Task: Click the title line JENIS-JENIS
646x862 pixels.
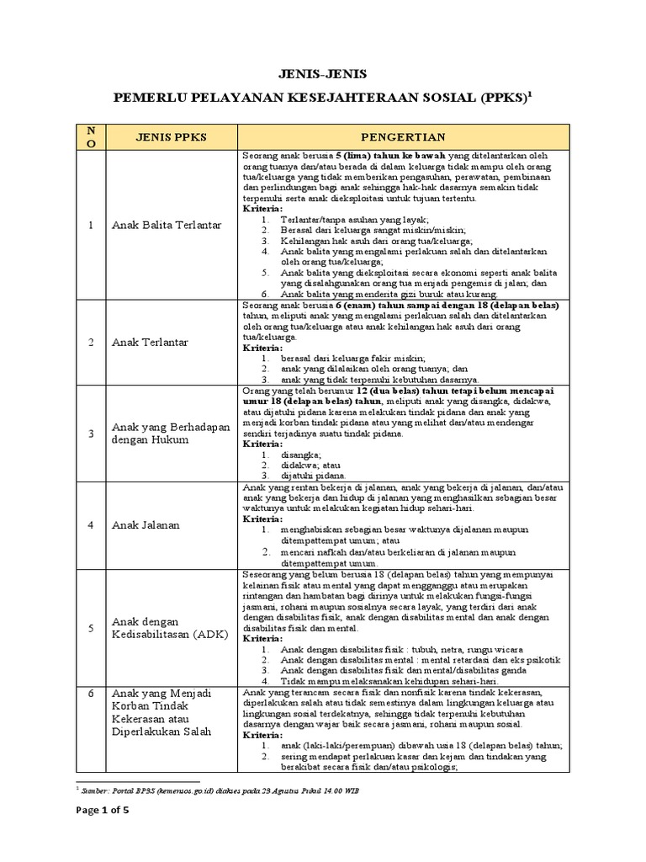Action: click(323, 73)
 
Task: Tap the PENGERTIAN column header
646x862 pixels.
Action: click(404, 136)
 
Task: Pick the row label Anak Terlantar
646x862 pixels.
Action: click(150, 343)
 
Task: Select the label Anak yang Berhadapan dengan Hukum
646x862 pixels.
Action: click(170, 434)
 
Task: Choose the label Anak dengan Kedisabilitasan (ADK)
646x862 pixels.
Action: click(169, 627)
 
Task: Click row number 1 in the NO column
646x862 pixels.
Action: click(91, 226)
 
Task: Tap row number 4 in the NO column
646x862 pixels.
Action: click(91, 525)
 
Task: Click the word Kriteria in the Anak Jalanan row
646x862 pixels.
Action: click(262, 520)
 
